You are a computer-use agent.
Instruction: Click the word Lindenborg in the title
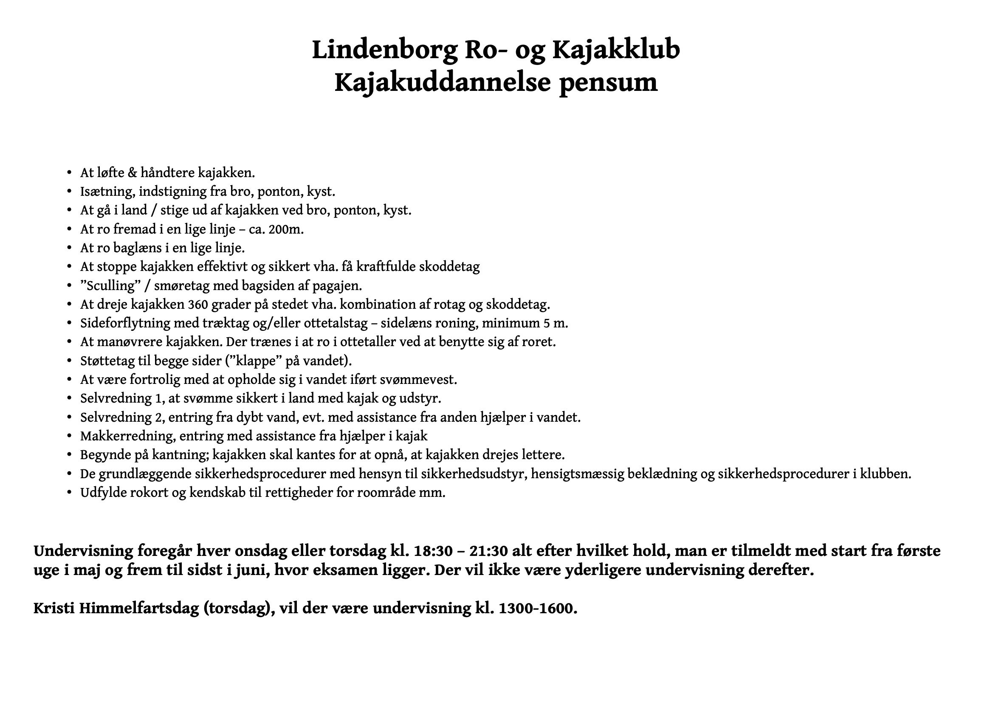click(384, 50)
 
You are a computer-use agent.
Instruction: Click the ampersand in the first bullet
click(133, 173)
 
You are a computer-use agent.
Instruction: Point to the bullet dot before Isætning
click(69, 192)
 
